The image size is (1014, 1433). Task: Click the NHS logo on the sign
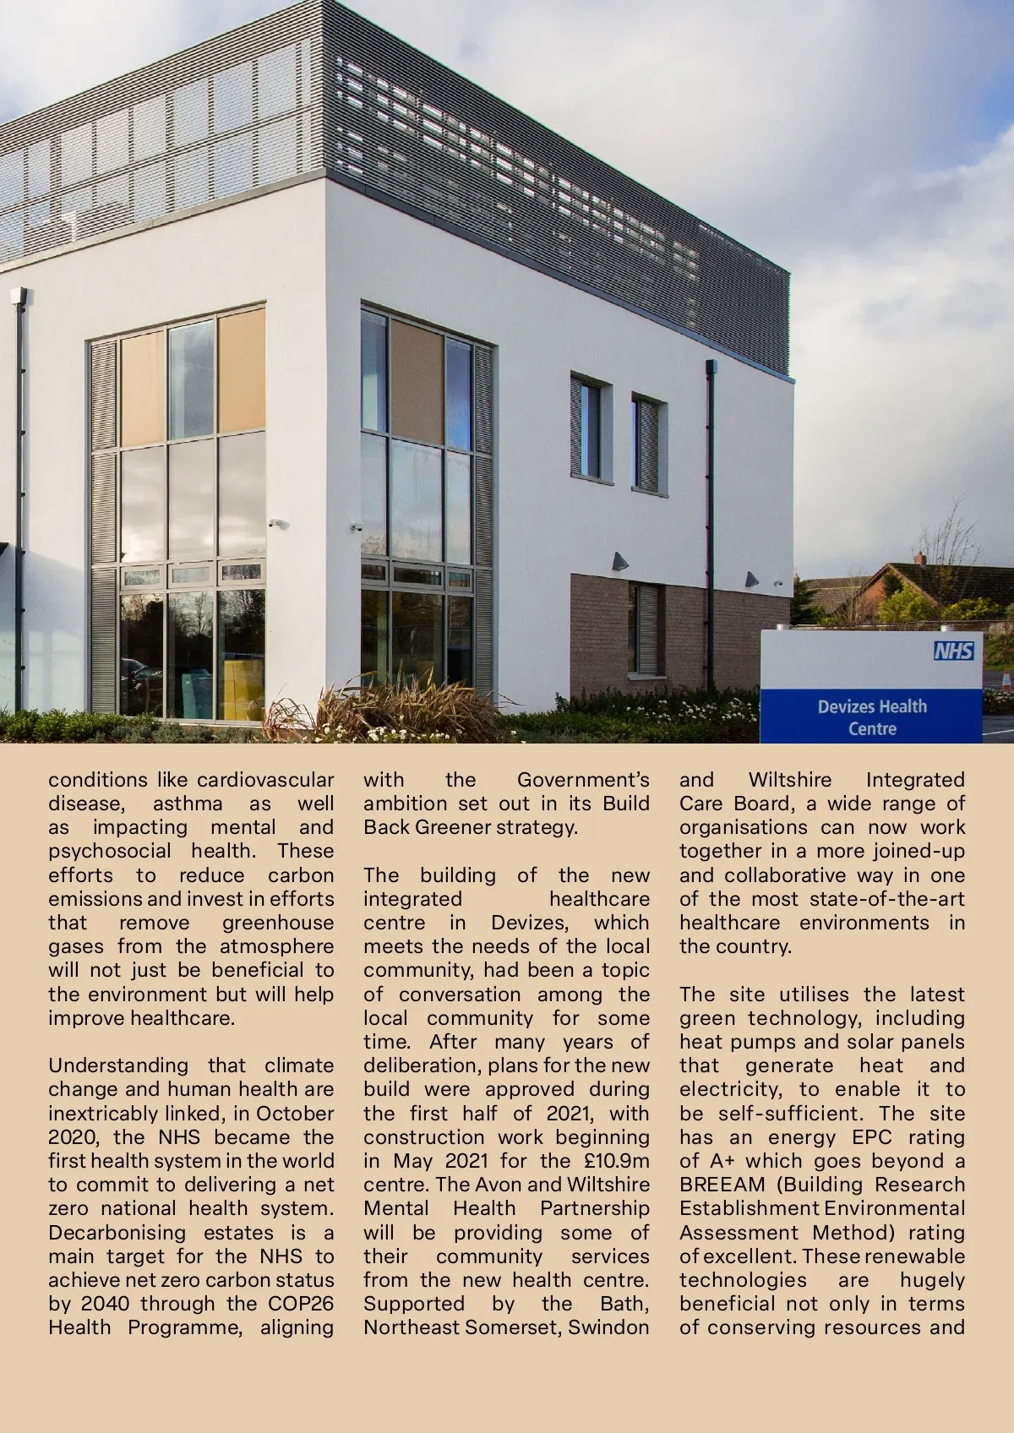953,651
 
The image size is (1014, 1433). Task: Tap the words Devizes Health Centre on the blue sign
871,716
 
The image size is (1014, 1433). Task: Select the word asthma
187,804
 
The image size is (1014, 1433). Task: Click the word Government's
583,780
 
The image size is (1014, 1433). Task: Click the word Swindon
608,1327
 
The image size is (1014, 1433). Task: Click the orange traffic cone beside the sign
1006,680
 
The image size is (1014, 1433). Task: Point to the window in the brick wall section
646,629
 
